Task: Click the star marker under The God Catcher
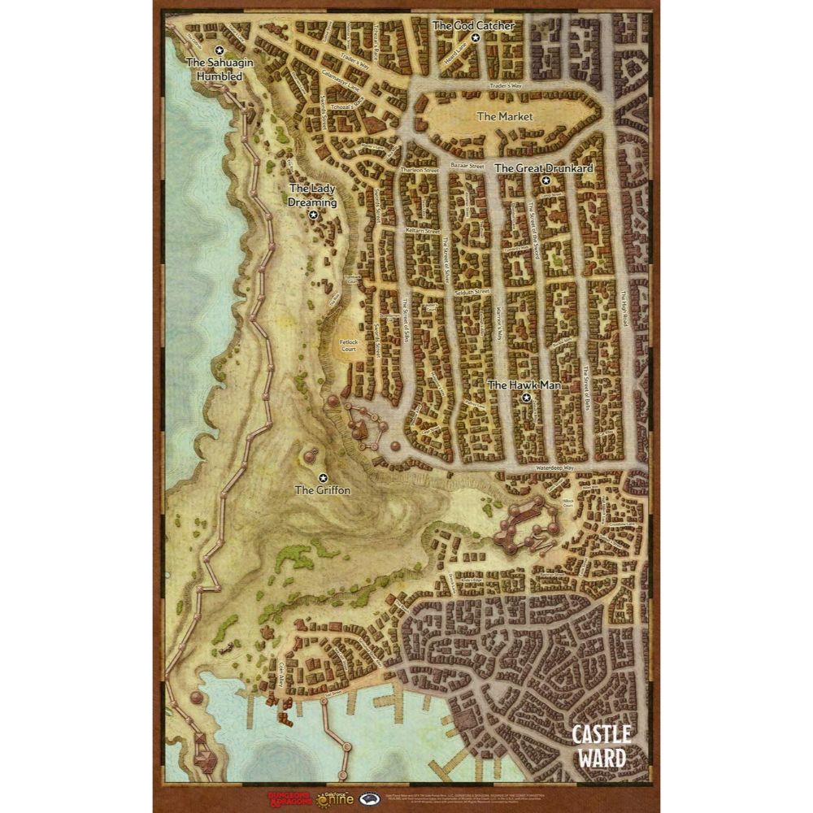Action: pos(476,38)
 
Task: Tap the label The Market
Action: pos(504,116)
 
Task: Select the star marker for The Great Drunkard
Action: pos(546,180)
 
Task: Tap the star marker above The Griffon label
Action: pos(323,477)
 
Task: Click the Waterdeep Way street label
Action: pos(555,469)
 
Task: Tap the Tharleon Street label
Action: pos(420,170)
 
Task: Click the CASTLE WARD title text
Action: pos(601,746)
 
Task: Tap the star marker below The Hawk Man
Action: pos(526,398)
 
